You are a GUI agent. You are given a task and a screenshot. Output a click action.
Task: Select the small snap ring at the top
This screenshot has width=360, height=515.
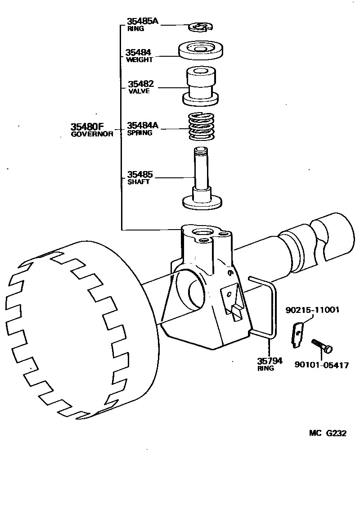click(x=200, y=28)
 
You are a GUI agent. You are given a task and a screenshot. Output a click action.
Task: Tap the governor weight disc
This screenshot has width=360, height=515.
click(x=201, y=50)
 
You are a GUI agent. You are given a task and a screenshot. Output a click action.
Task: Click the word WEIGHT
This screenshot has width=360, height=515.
click(x=139, y=60)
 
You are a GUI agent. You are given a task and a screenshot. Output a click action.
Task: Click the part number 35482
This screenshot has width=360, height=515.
click(x=140, y=84)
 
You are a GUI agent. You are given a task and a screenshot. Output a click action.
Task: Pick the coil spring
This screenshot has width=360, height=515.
click(x=201, y=126)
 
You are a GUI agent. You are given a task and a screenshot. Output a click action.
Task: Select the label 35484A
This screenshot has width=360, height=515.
click(x=143, y=125)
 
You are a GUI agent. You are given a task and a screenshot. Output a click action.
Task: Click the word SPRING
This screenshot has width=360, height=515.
click(x=139, y=133)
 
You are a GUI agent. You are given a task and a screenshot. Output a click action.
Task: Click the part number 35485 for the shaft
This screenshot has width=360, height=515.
click(x=140, y=174)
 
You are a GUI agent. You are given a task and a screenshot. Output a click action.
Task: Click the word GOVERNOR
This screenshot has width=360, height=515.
click(x=92, y=134)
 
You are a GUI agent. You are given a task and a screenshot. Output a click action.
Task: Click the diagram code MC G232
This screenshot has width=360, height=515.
click(x=328, y=433)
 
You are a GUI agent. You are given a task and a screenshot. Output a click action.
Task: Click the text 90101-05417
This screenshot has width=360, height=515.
click(x=321, y=366)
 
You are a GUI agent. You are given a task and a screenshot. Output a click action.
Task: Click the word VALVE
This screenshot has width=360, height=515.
click(x=139, y=91)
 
